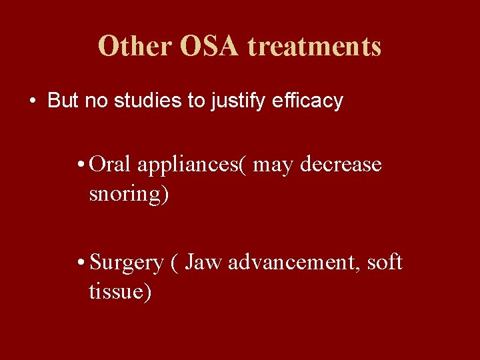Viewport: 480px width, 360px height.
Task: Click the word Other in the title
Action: (x=134, y=47)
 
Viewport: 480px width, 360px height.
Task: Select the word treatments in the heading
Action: (x=315, y=47)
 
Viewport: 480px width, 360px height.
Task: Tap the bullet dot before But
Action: (x=32, y=101)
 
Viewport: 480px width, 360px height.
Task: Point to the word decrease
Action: (x=341, y=164)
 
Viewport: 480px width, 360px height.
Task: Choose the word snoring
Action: (x=126, y=195)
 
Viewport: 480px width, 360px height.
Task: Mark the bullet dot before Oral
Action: (x=80, y=165)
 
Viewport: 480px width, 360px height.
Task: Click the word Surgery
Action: (x=126, y=263)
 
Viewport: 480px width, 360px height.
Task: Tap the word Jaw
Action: (x=204, y=262)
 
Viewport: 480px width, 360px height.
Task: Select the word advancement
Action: (x=295, y=262)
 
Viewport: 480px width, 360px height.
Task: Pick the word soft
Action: (x=387, y=262)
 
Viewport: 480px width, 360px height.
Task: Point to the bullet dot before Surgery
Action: (x=80, y=263)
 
